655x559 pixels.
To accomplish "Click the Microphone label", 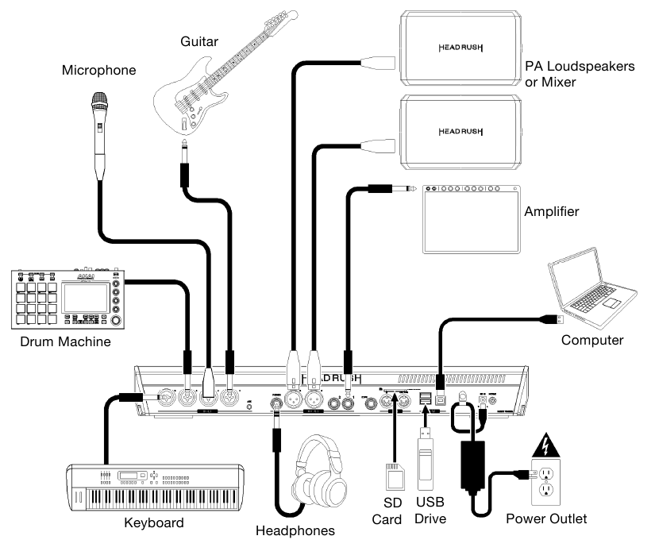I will (x=99, y=71).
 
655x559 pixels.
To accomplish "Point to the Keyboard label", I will (x=154, y=522).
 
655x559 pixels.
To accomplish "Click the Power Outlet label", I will (x=546, y=519).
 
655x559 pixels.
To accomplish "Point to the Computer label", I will (x=592, y=340).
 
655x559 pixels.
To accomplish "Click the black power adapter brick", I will (x=476, y=468).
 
